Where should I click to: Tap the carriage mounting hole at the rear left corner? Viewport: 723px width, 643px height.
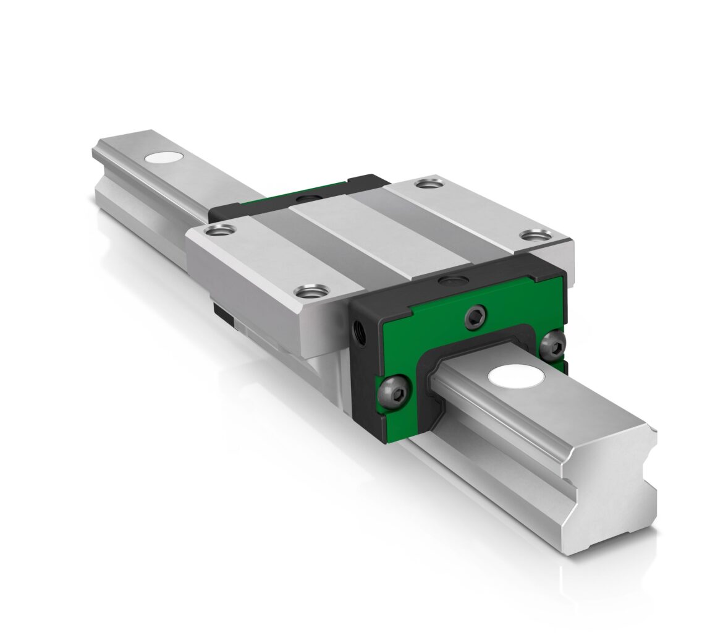click(x=219, y=231)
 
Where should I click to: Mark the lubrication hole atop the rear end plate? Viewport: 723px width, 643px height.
click(x=305, y=198)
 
